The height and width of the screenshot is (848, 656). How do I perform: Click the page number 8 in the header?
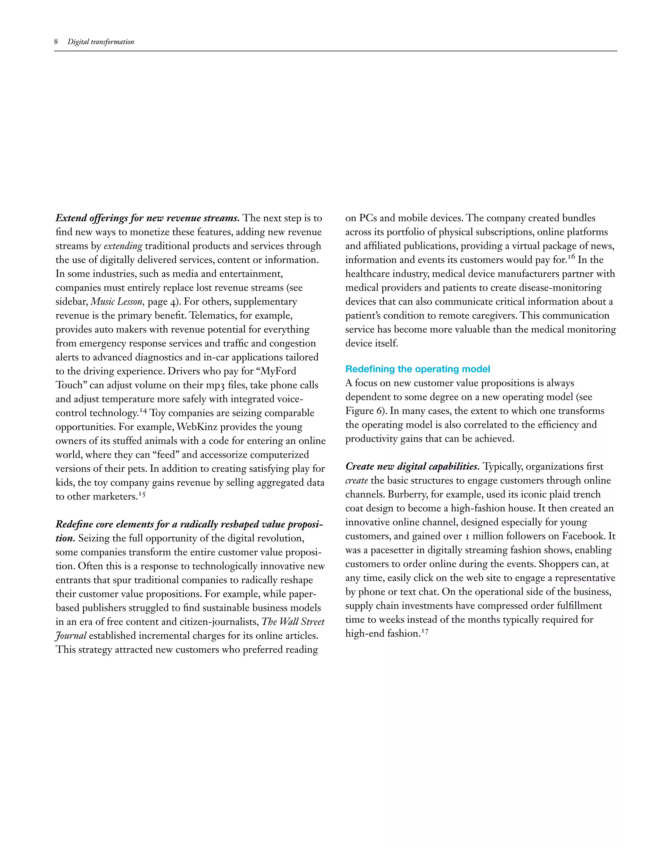point(56,42)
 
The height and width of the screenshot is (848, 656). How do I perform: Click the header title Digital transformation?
point(101,42)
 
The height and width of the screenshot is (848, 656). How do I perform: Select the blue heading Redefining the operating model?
point(417,369)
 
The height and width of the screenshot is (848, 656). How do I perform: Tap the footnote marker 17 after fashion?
point(425,632)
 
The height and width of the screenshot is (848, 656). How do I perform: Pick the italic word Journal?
point(71,636)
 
